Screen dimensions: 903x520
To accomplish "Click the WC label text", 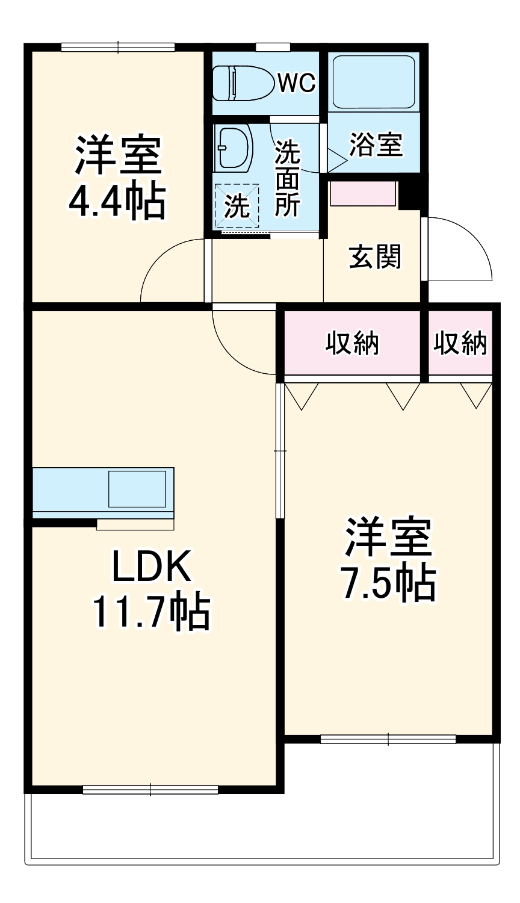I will click(296, 84).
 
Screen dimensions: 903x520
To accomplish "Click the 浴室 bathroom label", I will click(376, 144).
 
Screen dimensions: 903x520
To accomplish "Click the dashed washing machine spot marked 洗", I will click(237, 206).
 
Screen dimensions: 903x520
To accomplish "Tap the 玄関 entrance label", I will click(375, 257).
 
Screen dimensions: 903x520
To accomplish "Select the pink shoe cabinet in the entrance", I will click(362, 194).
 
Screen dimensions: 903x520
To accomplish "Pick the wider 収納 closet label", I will click(352, 343).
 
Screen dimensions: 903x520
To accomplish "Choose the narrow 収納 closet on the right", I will click(460, 343).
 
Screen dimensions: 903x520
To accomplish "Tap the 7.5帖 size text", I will click(388, 583).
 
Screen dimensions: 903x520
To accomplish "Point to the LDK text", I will click(151, 566).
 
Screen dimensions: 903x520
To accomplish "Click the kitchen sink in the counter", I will click(137, 489).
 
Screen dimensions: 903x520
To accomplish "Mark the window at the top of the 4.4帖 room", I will click(118, 47).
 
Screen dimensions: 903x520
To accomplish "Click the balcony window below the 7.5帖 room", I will click(388, 739).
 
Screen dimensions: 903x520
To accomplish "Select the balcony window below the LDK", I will click(150, 790).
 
